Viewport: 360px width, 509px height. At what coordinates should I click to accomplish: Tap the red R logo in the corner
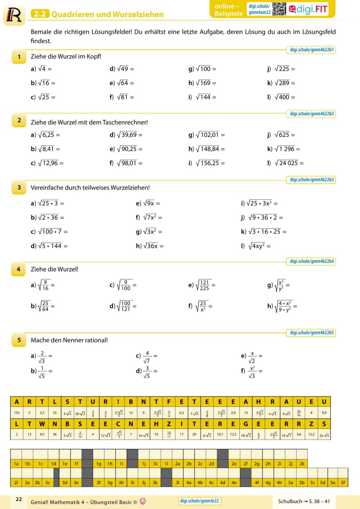[13, 14]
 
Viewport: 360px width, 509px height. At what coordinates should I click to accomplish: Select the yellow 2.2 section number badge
[40, 14]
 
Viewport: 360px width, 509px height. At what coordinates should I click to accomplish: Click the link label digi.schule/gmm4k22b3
[312, 180]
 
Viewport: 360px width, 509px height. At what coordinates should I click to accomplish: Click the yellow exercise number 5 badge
[19, 340]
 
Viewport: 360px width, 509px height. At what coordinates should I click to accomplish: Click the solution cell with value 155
[17, 412]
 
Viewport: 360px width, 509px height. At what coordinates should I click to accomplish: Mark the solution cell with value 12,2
[311, 434]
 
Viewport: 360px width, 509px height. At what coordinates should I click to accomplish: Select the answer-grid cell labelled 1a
[16, 463]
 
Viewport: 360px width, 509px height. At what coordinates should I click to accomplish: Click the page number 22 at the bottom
[18, 499]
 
